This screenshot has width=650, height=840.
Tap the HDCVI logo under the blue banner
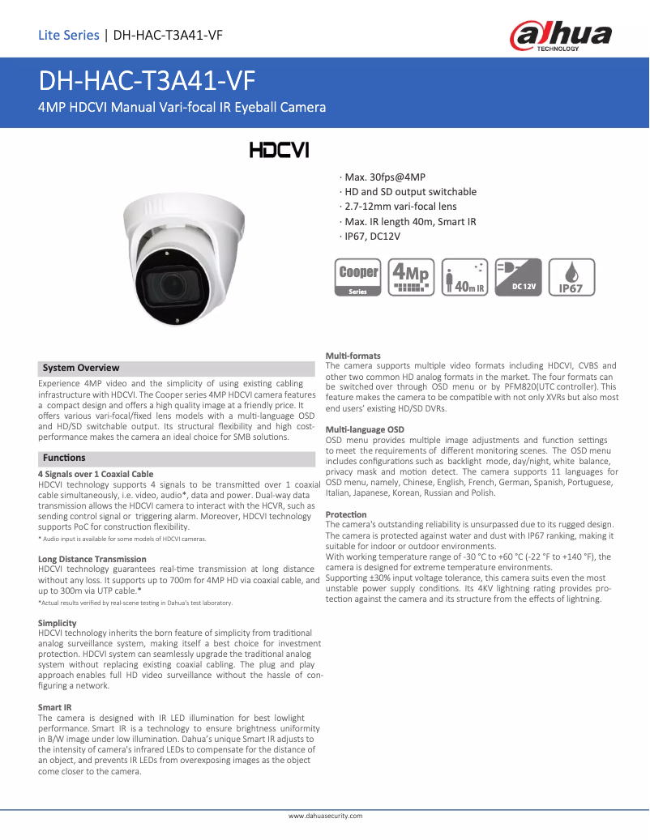pyautogui.click(x=278, y=151)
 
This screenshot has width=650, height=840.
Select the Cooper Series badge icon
pyautogui.click(x=358, y=278)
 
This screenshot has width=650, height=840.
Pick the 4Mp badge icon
pyautogui.click(x=411, y=278)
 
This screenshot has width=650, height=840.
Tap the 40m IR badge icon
pyautogui.click(x=465, y=278)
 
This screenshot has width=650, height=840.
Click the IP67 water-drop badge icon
pyautogui.click(x=572, y=278)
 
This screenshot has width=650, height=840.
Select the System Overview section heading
pyautogui.click(x=81, y=368)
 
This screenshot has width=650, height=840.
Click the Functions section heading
pyautogui.click(x=64, y=458)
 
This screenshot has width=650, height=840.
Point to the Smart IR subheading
pyautogui.click(x=55, y=707)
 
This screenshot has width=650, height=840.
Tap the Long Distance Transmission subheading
pyautogui.click(x=92, y=559)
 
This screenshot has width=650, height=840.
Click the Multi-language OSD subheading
pyautogui.click(x=365, y=429)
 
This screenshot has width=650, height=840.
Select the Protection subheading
pyautogui.click(x=346, y=514)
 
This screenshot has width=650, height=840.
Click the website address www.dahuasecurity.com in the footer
pyautogui.click(x=326, y=816)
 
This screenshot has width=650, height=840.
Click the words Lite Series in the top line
pyautogui.click(x=69, y=35)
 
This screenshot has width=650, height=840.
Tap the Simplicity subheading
pyautogui.click(x=57, y=622)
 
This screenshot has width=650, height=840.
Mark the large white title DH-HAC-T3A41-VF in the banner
pyautogui.click(x=147, y=81)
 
